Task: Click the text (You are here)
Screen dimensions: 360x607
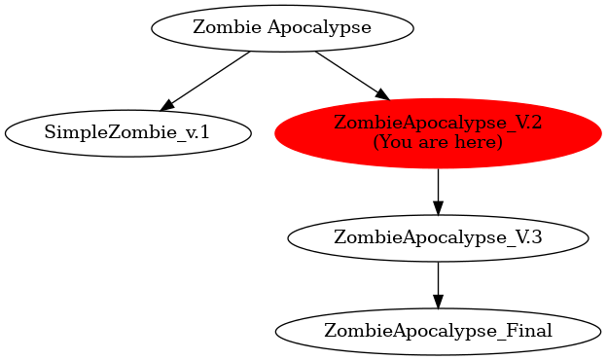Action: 438,143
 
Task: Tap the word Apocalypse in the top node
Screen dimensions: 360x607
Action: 320,27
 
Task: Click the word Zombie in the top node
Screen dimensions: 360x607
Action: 219,26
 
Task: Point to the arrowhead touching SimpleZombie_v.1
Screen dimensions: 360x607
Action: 167,102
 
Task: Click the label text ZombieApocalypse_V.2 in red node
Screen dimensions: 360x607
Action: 438,123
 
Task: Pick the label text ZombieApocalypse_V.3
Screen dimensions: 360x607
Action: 438,237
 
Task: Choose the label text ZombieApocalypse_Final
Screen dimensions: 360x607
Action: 438,331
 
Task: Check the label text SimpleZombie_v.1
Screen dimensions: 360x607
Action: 127,132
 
